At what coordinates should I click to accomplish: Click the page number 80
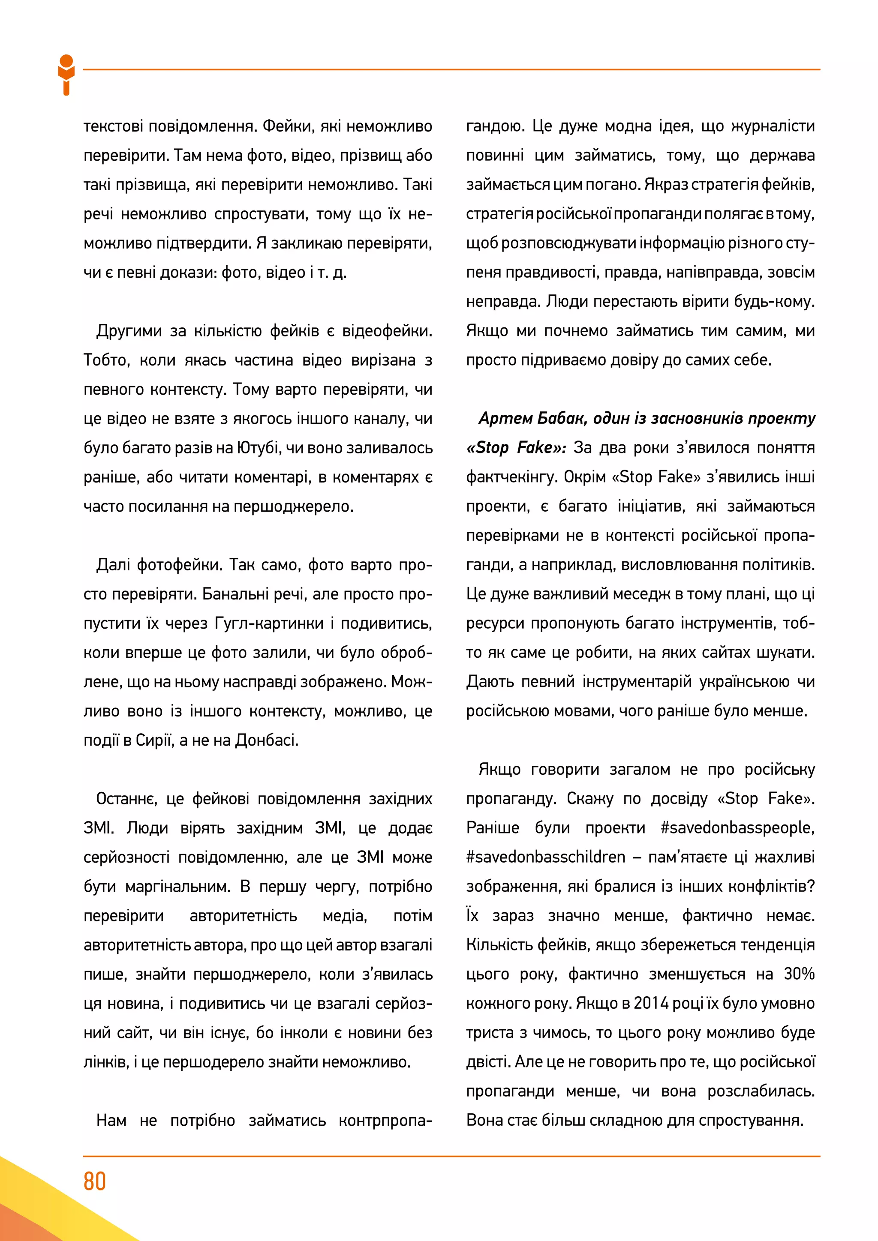[x=95, y=1181]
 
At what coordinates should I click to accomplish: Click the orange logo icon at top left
[x=66, y=75]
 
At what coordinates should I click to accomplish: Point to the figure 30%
[x=799, y=974]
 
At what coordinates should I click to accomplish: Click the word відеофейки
[x=387, y=331]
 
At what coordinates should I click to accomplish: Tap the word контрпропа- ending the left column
[x=385, y=1121]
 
